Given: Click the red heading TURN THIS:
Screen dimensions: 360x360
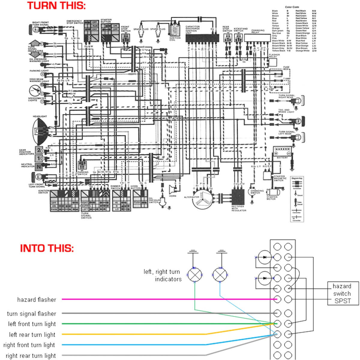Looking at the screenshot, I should pyautogui.click(x=56, y=6).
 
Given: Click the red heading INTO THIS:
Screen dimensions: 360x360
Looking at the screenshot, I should pyautogui.click(x=47, y=248).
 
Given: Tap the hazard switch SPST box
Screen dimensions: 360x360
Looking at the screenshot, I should pyautogui.click(x=342, y=294).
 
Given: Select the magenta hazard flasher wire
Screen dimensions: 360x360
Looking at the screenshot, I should pyautogui.click(x=168, y=299).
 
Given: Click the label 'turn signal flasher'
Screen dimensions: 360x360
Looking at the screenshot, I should pyautogui.click(x=31, y=314).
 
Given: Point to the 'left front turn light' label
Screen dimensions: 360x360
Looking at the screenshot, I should pyautogui.click(x=32, y=324).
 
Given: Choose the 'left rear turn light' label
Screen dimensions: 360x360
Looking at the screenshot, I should pyautogui.click(x=32, y=335).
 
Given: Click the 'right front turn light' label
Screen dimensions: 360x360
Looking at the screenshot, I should pyautogui.click(x=29, y=345).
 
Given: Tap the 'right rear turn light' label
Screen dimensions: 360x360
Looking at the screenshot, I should pyautogui.click(x=31, y=356).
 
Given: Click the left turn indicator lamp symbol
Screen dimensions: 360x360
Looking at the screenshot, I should pyautogui.click(x=195, y=275).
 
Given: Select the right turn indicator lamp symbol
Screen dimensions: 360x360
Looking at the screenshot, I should pyautogui.click(x=220, y=275).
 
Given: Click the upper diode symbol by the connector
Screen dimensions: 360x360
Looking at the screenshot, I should pyautogui.click(x=265, y=257).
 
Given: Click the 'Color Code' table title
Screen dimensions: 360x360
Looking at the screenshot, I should pyautogui.click(x=292, y=7).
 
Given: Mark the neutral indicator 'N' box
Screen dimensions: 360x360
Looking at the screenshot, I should pyautogui.click(x=39, y=166).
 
